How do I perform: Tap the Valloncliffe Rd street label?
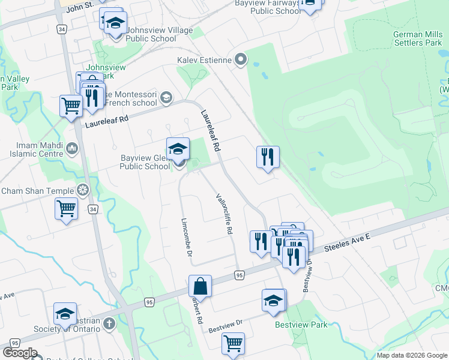(x=224, y=214)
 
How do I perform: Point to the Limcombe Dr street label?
(x=185, y=238)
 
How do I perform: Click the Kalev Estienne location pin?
(x=241, y=59)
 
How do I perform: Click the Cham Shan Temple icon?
(x=83, y=191)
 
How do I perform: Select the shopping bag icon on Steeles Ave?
(x=200, y=286)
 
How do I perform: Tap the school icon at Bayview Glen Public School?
(x=178, y=149)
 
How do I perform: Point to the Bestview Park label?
(x=301, y=325)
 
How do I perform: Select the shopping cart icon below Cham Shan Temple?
(x=66, y=209)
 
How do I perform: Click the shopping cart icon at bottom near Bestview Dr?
(x=233, y=344)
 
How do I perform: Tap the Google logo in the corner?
(x=20, y=353)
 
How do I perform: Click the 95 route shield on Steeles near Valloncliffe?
(x=239, y=275)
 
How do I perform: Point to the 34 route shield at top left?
(x=62, y=28)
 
